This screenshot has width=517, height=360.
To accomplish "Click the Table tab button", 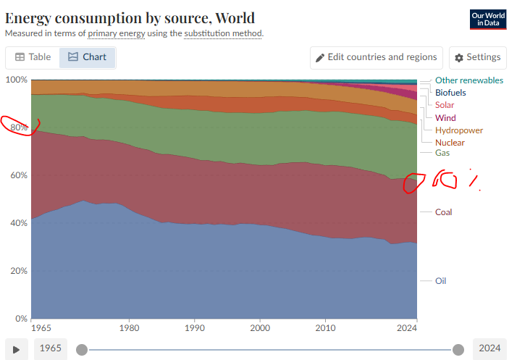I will point(33,57).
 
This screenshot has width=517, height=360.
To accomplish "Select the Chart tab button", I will point(87,57).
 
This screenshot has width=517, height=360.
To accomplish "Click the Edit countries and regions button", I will point(376,57).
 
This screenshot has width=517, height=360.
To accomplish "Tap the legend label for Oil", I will point(440,280).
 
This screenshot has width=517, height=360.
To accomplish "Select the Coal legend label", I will point(443,212).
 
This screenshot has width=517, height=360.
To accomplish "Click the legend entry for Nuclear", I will point(450,143).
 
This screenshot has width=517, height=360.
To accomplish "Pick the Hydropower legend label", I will point(458,130).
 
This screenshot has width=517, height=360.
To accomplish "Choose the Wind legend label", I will point(445,118).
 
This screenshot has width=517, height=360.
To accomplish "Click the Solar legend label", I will point(445,105).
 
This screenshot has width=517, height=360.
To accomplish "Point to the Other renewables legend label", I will point(468,80).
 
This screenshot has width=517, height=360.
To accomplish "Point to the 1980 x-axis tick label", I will point(130,327).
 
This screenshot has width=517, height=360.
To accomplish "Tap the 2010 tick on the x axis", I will point(326,327).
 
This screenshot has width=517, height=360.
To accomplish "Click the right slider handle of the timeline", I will point(458,350).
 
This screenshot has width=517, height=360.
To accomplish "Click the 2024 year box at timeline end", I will point(489,349).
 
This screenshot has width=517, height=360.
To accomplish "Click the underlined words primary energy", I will point(117,33).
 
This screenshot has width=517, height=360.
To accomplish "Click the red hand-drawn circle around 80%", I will point(20,125).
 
